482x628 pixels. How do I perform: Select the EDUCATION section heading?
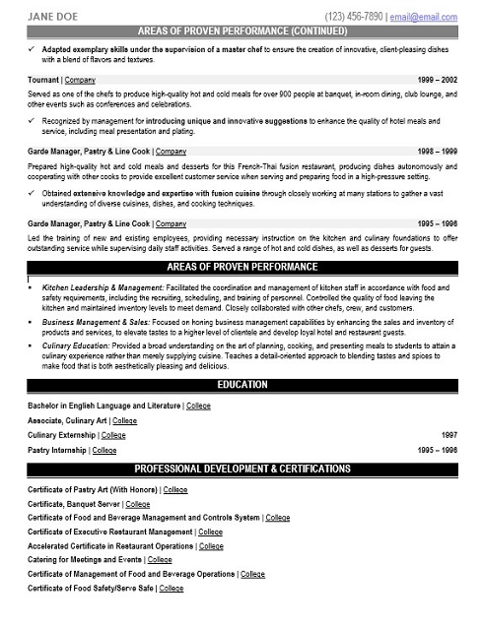pyautogui.click(x=241, y=385)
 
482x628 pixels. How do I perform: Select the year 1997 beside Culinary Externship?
pyautogui.click(x=448, y=434)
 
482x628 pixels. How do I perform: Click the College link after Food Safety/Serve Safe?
pyautogui.click(x=172, y=588)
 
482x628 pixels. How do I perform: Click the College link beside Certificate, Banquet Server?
pyautogui.click(x=137, y=503)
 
